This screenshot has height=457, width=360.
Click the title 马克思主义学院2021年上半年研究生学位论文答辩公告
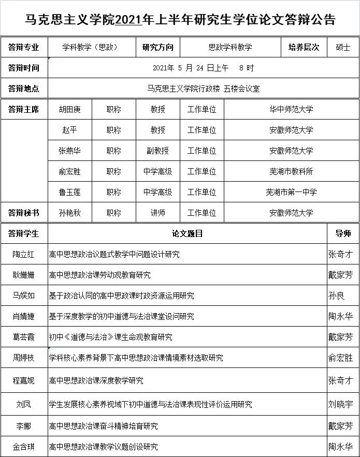[180, 19]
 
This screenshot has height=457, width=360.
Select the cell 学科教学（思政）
[90, 47]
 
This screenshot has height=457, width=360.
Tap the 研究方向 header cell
[158, 47]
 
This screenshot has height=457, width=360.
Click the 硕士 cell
[343, 47]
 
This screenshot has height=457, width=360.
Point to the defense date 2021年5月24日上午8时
[203, 68]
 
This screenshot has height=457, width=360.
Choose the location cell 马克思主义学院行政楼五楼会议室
[203, 89]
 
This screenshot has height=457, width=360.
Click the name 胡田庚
[69, 109]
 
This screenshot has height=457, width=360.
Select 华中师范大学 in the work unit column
[291, 109]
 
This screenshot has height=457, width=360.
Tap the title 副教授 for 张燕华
[157, 151]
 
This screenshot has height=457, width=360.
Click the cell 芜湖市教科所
[291, 171]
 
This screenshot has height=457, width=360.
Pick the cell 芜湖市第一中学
[291, 192]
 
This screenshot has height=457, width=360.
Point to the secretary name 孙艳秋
[69, 213]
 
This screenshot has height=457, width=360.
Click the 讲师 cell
[157, 213]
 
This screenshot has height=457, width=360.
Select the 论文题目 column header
[188, 233]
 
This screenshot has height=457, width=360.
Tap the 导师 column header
[343, 233]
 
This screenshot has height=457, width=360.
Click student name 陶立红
[24, 254]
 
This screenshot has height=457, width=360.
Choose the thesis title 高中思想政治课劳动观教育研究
[99, 275]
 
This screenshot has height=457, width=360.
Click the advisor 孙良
[336, 296]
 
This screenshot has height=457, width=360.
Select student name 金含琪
[24, 447]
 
